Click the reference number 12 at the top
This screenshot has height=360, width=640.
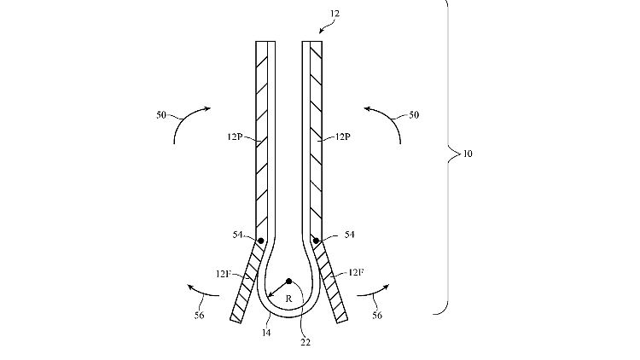335,14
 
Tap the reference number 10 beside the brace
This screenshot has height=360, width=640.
468,154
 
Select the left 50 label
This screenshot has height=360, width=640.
161,115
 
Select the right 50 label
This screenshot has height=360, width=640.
414,115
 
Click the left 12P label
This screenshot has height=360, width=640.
235,136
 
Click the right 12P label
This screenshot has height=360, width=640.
342,136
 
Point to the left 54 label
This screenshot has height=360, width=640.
237,235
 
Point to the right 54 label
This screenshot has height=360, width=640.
349,235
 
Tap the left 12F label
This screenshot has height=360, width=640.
224,274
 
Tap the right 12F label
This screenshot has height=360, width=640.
356,272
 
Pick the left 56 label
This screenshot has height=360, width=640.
199,316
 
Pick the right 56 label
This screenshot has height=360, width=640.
377,316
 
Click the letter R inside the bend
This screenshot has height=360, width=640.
289,299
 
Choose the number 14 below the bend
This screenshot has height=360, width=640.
266,333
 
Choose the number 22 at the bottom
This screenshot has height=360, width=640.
305,342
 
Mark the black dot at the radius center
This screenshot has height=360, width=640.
289,282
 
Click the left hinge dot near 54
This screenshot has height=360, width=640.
261,241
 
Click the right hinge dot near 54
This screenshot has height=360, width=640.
316,241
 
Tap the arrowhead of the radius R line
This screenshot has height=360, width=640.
270,294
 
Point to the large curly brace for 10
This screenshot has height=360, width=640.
448,156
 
